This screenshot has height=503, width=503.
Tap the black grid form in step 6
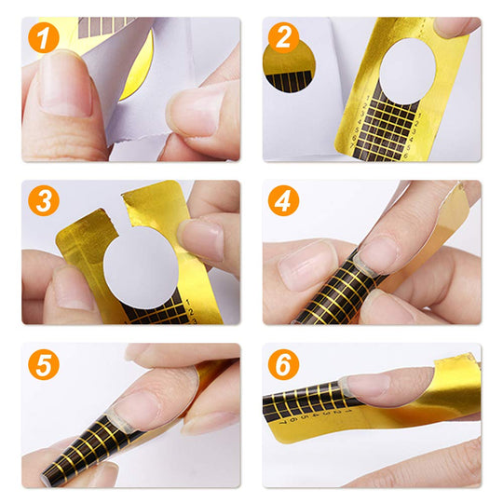[x=307, y=405]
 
